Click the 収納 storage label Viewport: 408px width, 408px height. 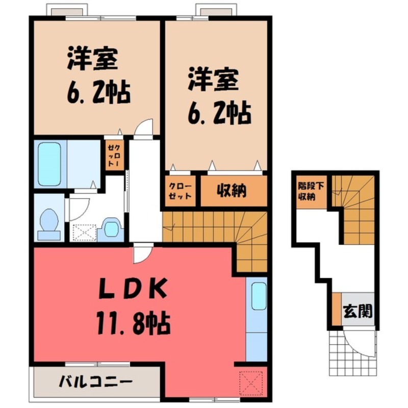pos(232,191)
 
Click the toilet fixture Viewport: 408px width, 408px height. pos(49,223)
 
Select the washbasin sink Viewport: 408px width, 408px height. pos(111,227)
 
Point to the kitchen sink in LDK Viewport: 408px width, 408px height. pos(260,296)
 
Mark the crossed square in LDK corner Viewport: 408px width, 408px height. pos(251,381)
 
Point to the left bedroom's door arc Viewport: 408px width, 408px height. pos(145,127)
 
